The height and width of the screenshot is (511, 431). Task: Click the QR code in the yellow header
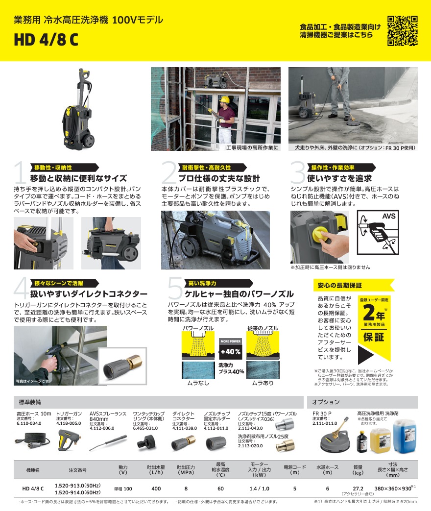point(403,30)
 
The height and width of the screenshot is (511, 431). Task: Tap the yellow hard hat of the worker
point(224,99)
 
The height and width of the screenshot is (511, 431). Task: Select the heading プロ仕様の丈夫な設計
point(218,178)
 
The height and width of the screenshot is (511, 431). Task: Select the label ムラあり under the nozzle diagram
point(263,383)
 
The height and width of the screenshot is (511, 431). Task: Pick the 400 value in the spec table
point(156,489)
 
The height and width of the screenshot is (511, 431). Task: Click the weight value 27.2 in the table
point(358,488)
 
